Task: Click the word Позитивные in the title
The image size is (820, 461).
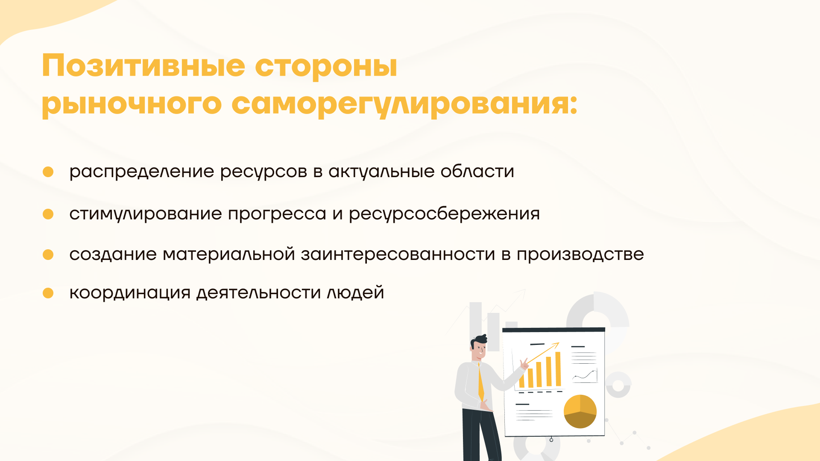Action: [x=143, y=66]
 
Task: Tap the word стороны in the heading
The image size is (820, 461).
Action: [x=326, y=67]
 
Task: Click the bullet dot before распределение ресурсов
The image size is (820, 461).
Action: [x=48, y=172]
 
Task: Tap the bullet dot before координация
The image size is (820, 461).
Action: [x=48, y=293]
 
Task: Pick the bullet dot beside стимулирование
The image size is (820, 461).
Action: [x=48, y=214]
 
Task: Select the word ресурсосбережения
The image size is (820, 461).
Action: [x=444, y=214]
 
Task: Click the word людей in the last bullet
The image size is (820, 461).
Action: [x=355, y=293]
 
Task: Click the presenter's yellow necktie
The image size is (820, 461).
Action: [x=481, y=382]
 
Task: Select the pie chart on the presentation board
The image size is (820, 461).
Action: [x=580, y=411]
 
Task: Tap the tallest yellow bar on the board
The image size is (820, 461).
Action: [x=558, y=369]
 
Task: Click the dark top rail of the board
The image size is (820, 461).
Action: [x=553, y=330]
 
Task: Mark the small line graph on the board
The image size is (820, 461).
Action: [x=585, y=376]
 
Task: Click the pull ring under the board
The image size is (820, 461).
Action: [x=551, y=440]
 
